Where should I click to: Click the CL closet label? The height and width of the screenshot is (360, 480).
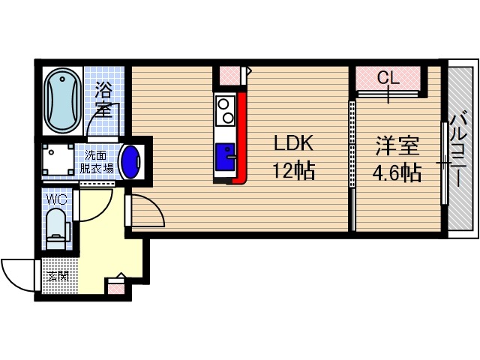click(x=388, y=77)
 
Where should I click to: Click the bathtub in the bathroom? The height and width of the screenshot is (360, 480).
click(x=62, y=101)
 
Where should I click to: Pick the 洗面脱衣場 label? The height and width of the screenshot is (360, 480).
click(x=98, y=162)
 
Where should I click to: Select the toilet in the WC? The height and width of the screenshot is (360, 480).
click(x=56, y=227)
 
